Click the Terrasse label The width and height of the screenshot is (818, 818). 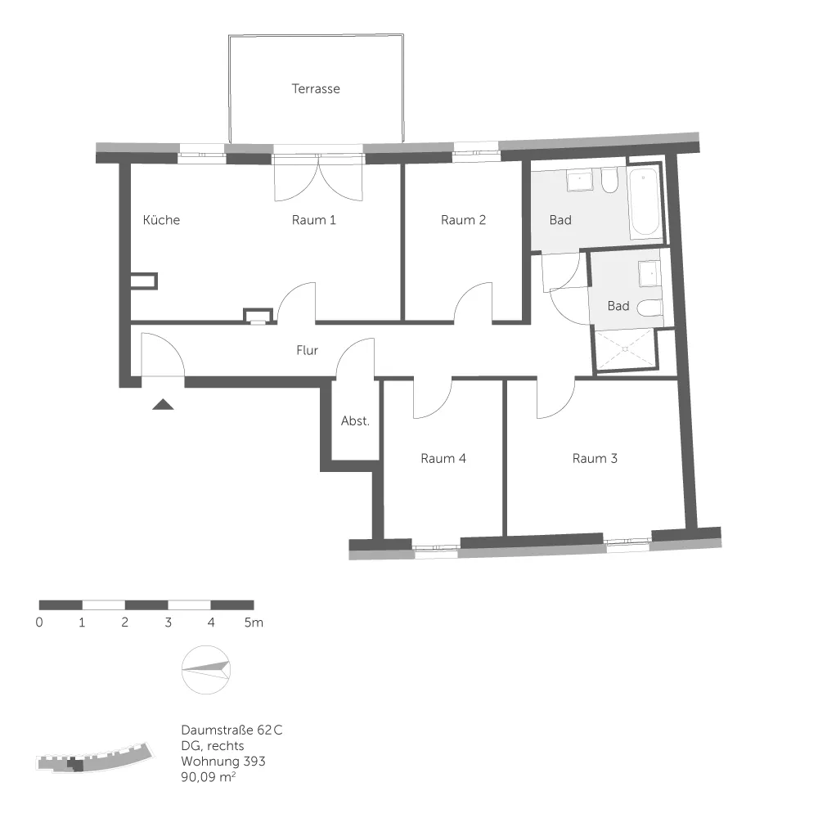coord(316,88)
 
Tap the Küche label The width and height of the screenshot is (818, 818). coord(161,219)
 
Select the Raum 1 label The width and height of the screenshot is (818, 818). coord(313,220)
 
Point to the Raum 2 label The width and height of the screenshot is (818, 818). coord(463,220)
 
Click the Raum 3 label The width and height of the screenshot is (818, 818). coord(595,459)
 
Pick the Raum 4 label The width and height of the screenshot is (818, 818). coord(443,459)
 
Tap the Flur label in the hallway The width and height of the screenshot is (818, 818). coord(308,350)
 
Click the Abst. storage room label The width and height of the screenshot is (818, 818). coord(355,420)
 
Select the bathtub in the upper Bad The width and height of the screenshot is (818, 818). coord(645,201)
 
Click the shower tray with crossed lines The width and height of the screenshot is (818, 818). coord(625,349)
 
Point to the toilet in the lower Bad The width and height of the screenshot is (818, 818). coord(650,308)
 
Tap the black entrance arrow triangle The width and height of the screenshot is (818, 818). coord(163,404)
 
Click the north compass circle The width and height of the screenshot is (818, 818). coord(206,670)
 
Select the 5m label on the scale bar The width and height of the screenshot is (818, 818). coord(254,622)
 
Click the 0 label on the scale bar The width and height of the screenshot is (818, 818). coord(39,622)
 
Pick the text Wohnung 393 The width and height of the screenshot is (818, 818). coord(223,761)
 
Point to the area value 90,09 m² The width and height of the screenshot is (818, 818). coord(208,777)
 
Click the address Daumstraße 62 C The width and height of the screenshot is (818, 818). coord(231,730)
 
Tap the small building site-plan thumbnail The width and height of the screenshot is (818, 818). coord(95,757)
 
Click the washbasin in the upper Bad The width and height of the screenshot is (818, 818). coord(580,179)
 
